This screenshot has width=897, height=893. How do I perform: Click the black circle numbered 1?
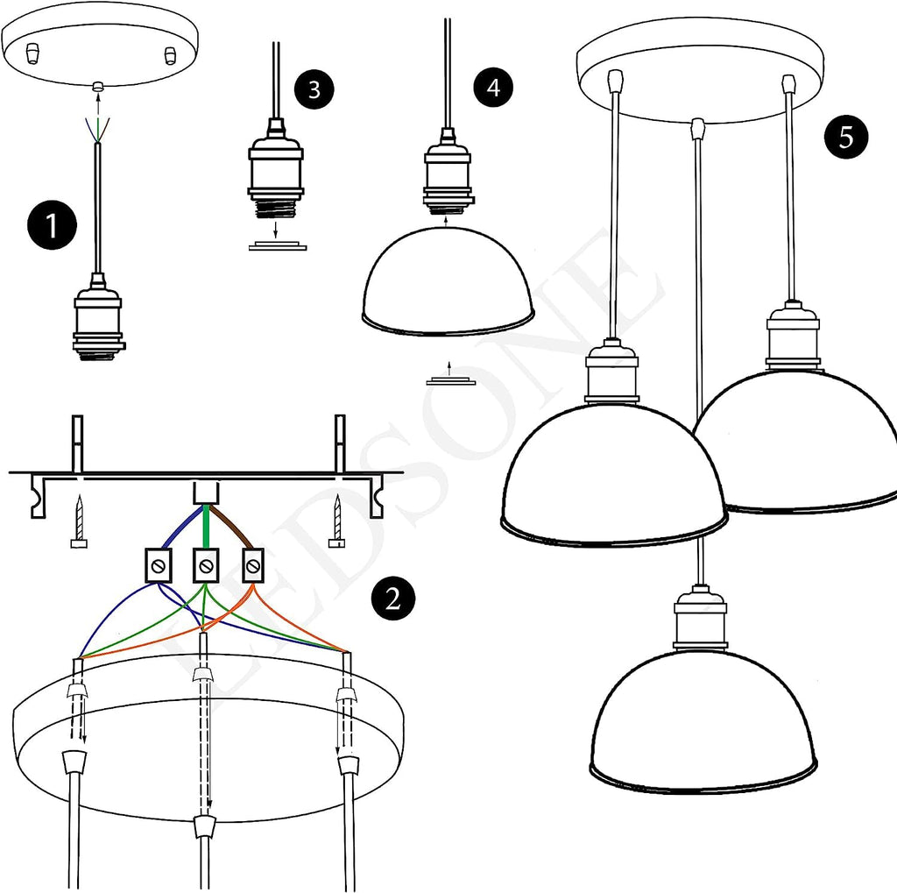(51, 225)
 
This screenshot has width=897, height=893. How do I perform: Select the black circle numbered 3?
(314, 89)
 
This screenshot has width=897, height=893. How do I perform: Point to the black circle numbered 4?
(493, 88)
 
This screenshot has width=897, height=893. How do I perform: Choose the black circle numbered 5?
(845, 138)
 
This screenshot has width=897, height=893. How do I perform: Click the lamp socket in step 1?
(97, 323)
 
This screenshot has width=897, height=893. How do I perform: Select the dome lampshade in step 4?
(448, 280)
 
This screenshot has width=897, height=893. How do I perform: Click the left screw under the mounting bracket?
(79, 521)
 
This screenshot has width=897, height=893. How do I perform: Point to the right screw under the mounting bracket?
(337, 521)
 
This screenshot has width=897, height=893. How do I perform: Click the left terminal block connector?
(157, 566)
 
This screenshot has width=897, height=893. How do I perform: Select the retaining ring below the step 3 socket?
(278, 247)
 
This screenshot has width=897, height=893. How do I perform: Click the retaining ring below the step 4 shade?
(450, 381)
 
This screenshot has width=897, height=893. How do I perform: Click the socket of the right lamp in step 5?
(793, 337)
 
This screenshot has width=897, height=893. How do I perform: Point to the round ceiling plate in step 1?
(100, 53)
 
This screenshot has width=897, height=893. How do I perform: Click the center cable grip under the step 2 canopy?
(204, 826)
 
